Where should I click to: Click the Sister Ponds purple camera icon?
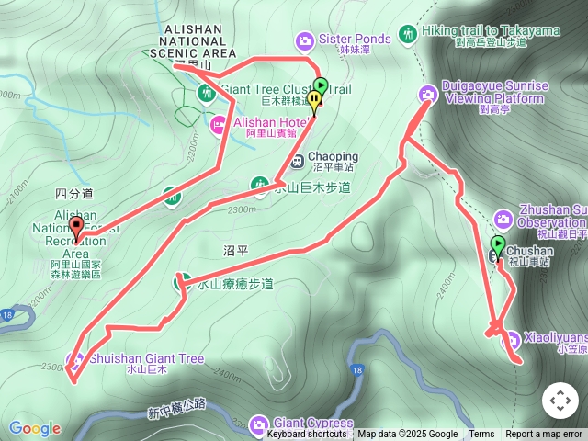(x=305, y=40)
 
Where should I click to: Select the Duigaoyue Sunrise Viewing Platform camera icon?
(x=428, y=94)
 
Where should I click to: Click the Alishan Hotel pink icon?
(x=220, y=124)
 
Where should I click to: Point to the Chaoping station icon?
(x=297, y=163)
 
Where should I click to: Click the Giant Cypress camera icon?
(x=259, y=424)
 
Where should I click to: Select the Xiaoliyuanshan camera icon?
(x=512, y=339)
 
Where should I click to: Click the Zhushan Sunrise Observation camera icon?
(x=503, y=219)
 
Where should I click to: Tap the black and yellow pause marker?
(x=315, y=100)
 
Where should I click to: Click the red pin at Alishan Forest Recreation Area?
(x=76, y=226)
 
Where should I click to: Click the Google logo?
(x=35, y=428)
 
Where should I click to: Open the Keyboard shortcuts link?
(x=306, y=435)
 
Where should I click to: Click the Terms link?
(x=481, y=435)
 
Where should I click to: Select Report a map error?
(x=544, y=435)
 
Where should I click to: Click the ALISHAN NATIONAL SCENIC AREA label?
(x=193, y=41)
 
